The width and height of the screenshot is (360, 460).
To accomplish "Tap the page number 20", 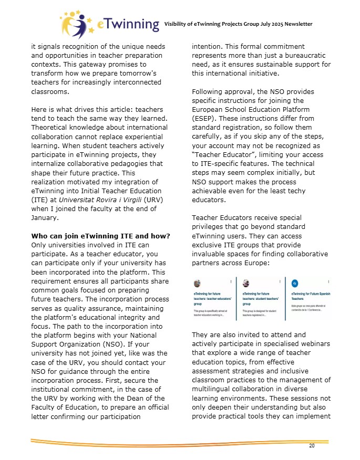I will click(312, 446).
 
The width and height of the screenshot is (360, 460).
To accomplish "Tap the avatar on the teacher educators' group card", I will click(197, 283).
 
